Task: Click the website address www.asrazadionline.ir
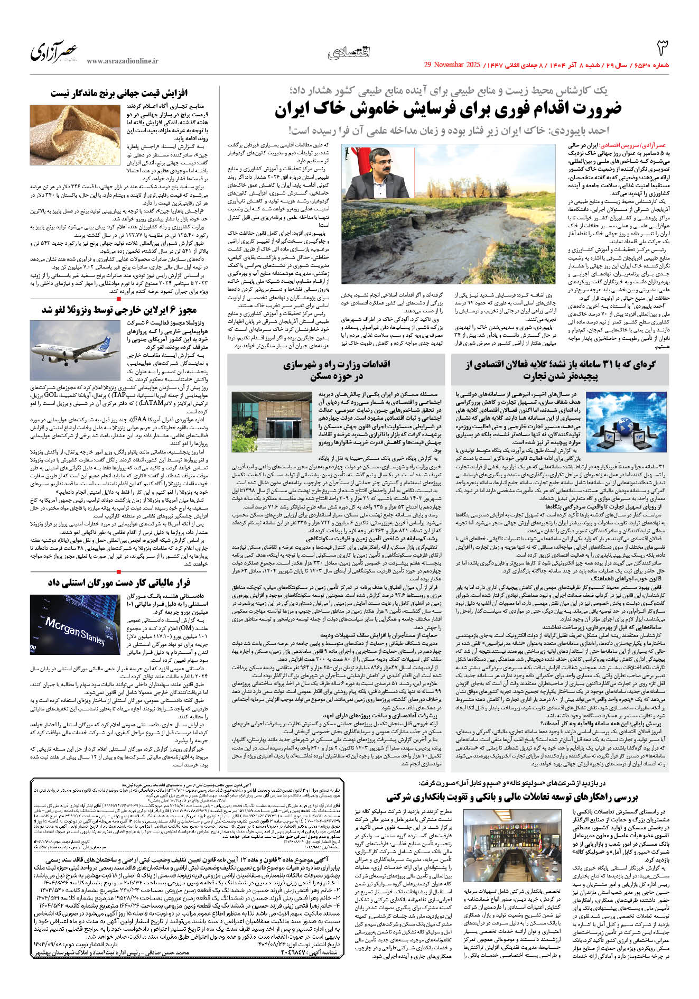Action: (x=123, y=61)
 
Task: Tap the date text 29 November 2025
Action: (x=452, y=65)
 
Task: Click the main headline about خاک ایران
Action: (x=448, y=110)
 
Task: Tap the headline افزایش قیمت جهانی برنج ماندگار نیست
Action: (x=119, y=93)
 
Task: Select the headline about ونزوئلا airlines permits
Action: (x=119, y=310)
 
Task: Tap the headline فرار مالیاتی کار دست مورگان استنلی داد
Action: (x=119, y=583)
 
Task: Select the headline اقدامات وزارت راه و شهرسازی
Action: (x=337, y=370)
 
